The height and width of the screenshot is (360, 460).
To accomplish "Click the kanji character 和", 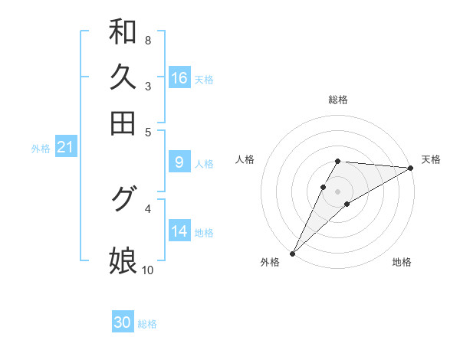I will point(123,31).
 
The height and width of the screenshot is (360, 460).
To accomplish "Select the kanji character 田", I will point(123,123).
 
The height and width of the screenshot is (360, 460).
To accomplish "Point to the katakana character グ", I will point(123,199).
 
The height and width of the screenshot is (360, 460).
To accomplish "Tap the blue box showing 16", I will point(179,78).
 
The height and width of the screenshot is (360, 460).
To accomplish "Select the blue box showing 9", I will point(179,162).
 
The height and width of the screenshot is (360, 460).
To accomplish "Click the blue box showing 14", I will point(179,231).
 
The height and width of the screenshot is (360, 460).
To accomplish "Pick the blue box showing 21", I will point(65,147).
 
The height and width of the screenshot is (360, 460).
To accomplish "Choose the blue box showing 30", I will point(123,323).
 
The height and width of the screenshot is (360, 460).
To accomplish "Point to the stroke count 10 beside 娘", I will point(147,270).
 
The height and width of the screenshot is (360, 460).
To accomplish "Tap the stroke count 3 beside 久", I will point(147,86).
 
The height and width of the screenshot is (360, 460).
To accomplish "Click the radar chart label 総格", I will point(338,100).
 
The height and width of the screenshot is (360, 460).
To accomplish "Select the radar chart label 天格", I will point(431,159).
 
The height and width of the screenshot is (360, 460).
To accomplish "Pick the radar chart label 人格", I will point(245,159).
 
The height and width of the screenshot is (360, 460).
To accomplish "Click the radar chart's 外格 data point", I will point(292,253).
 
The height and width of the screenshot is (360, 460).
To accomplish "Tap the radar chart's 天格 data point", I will point(411,168).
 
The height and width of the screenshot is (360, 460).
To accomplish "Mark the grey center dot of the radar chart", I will point(338,191).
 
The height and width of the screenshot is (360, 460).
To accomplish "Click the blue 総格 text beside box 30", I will point(147,324).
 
